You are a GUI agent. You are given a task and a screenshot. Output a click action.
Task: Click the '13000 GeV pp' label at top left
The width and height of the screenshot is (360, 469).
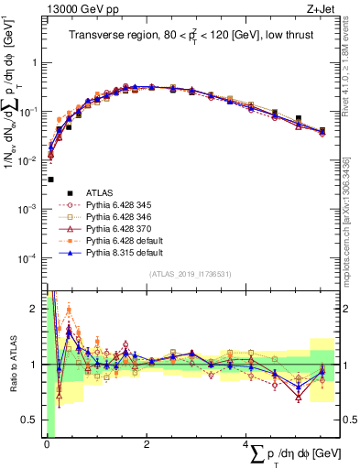pyautogui.click(x=81, y=9)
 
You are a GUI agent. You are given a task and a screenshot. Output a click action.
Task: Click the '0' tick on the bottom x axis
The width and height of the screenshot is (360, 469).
pyautogui.click(x=47, y=443)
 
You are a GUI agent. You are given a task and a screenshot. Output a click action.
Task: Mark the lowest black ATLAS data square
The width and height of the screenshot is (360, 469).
pyautogui.click(x=50, y=180)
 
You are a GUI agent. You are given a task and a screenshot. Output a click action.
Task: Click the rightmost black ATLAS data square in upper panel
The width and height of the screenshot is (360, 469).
pyautogui.click(x=322, y=131)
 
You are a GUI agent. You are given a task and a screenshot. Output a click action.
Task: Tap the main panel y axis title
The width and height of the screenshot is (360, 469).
pyautogui.click(x=15, y=82)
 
